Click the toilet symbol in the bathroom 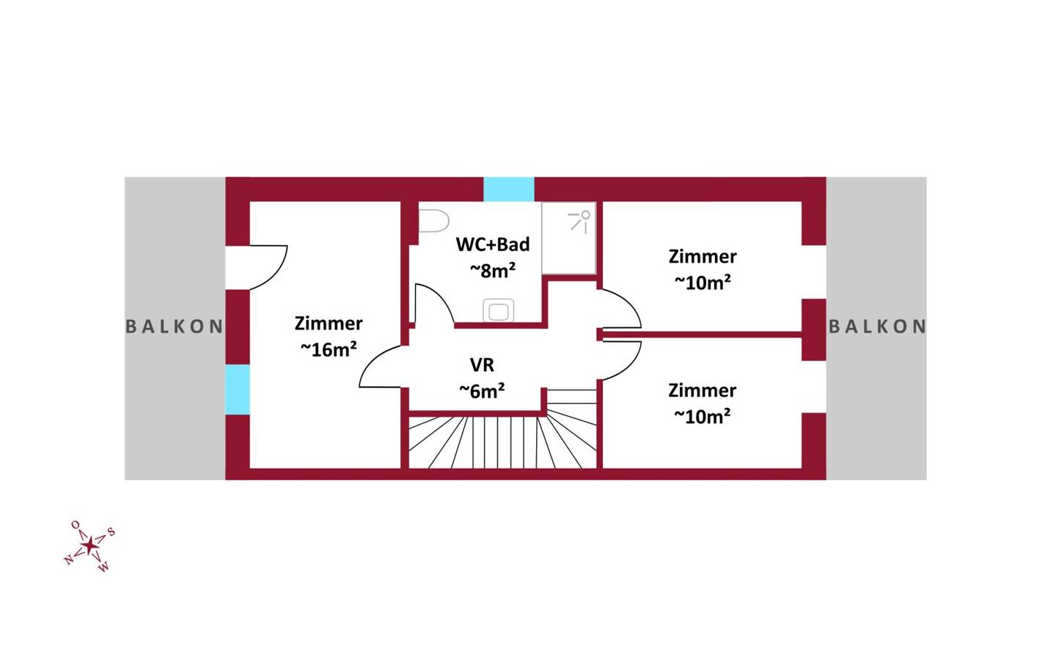coord(433,221)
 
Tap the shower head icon coord(580,222)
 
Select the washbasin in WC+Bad coord(499,310)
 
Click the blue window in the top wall coord(509,189)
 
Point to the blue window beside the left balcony coord(237,389)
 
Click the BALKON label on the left coord(174,327)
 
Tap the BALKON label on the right coord(877,327)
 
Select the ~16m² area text coord(329,349)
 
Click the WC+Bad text coord(493,244)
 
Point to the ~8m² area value coord(493,271)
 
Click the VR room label coord(482,365)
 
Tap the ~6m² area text coord(482,391)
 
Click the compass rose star coord(89,546)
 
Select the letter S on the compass coord(111,532)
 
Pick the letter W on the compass coord(103,567)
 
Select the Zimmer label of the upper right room coord(703,257)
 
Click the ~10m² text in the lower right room coord(703,417)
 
